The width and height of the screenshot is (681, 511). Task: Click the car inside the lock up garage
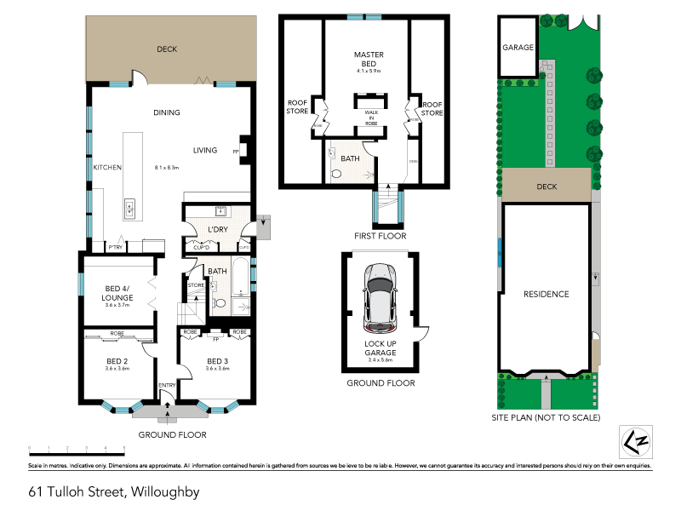(380, 298)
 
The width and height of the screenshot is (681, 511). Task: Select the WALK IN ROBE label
(372, 118)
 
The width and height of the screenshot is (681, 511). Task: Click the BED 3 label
(217, 361)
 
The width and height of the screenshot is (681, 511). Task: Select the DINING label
(167, 112)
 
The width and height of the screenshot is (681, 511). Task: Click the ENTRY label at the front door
(167, 387)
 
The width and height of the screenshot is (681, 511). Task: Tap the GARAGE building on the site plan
(518, 48)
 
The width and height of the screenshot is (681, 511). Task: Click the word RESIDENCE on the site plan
(546, 294)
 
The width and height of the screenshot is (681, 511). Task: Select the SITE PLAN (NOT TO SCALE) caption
(546, 418)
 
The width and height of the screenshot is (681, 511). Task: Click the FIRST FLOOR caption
(380, 236)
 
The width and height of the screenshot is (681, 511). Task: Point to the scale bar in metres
(77, 448)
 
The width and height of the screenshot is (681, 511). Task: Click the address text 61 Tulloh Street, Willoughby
(113, 491)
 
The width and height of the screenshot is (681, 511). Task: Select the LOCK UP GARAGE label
(380, 348)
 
